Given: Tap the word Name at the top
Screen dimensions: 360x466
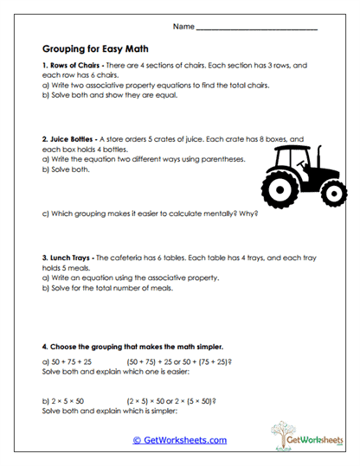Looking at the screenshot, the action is click(x=183, y=28).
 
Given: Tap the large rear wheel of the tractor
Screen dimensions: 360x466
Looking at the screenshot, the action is click(x=282, y=186).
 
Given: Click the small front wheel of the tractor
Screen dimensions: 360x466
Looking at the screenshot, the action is click(x=330, y=189).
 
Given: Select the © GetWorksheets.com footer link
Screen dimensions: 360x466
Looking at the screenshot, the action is click(x=179, y=440).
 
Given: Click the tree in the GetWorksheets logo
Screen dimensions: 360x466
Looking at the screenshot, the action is click(x=280, y=433).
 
